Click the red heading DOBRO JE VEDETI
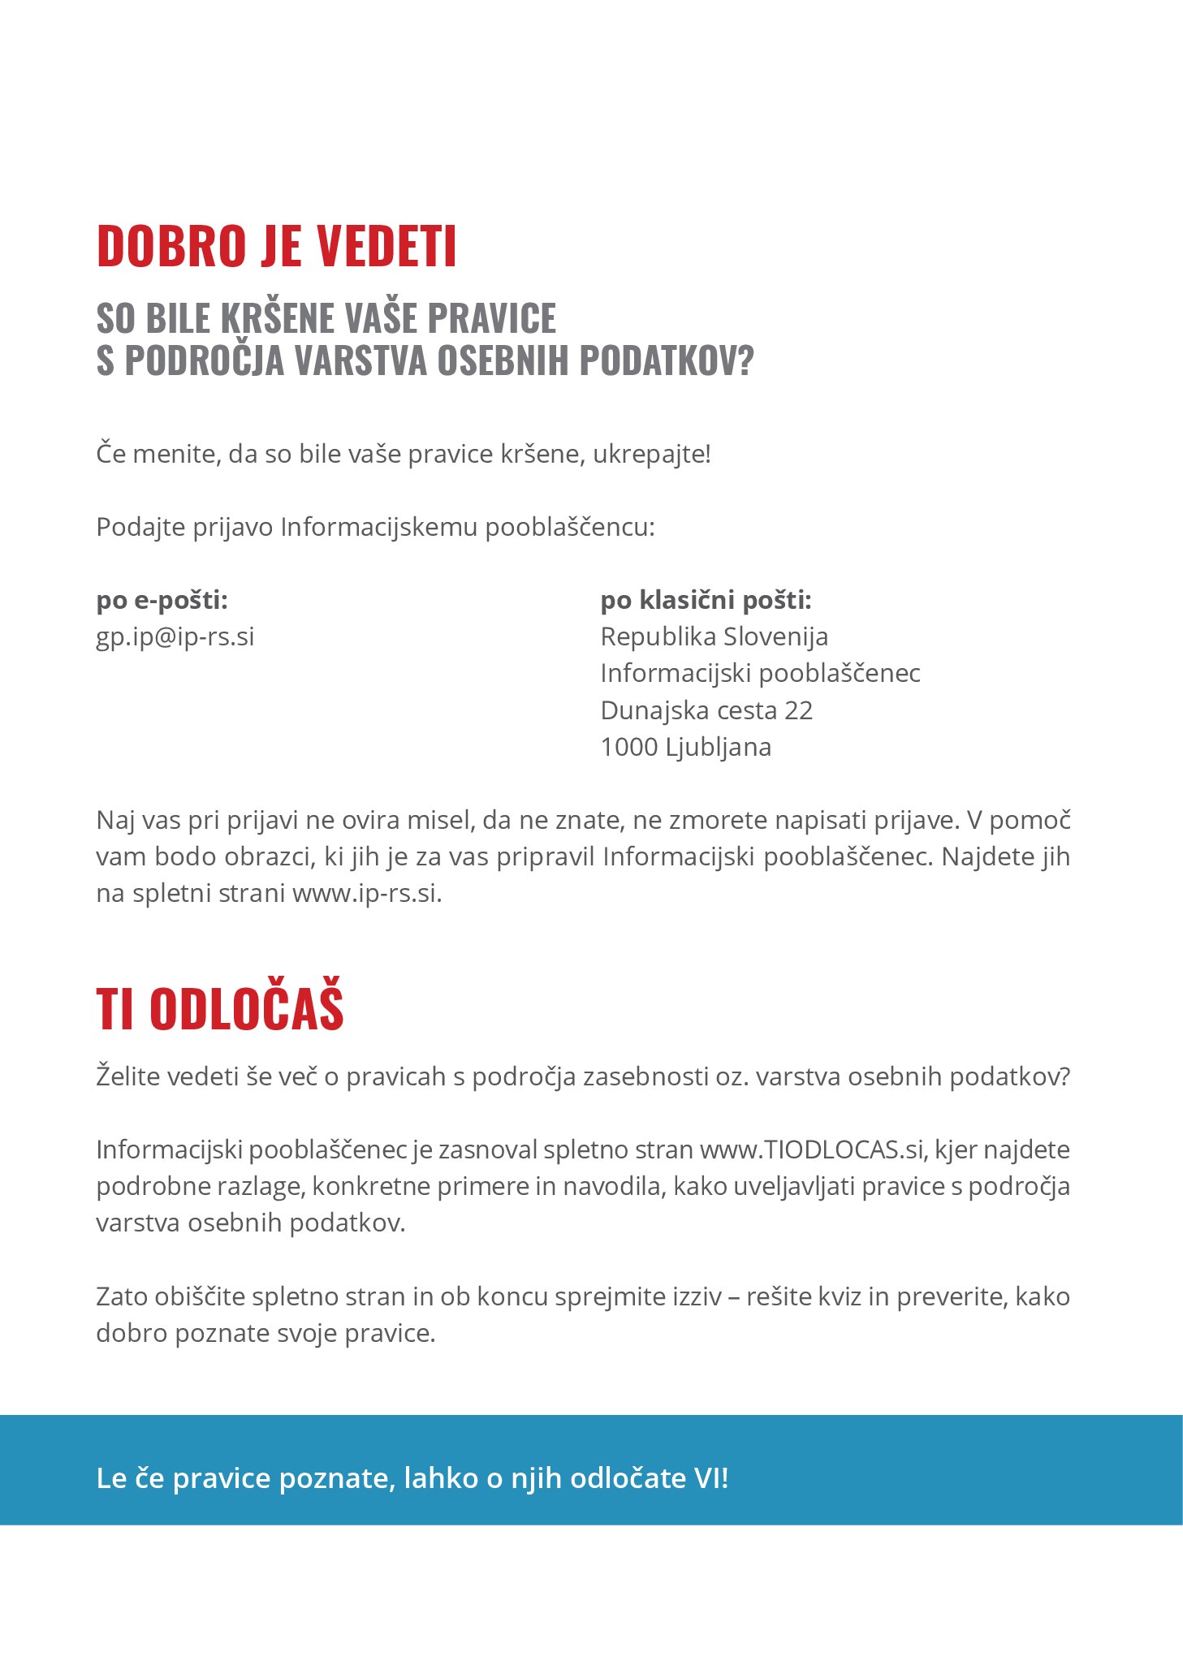pos(276,246)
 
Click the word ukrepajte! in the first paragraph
pos(651,454)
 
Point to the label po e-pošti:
pos(162,600)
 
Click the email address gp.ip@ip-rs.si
pos(175,636)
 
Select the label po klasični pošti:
pos(706,600)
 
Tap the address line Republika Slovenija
pos(714,636)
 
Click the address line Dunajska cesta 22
pos(706,710)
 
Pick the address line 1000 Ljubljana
pos(685,747)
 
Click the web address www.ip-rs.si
pos(366,893)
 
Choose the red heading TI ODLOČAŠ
pos(219,1009)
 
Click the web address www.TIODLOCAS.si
pos(811,1150)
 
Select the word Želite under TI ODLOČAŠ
pos(128,1076)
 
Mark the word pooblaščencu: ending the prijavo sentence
pos(569,528)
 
